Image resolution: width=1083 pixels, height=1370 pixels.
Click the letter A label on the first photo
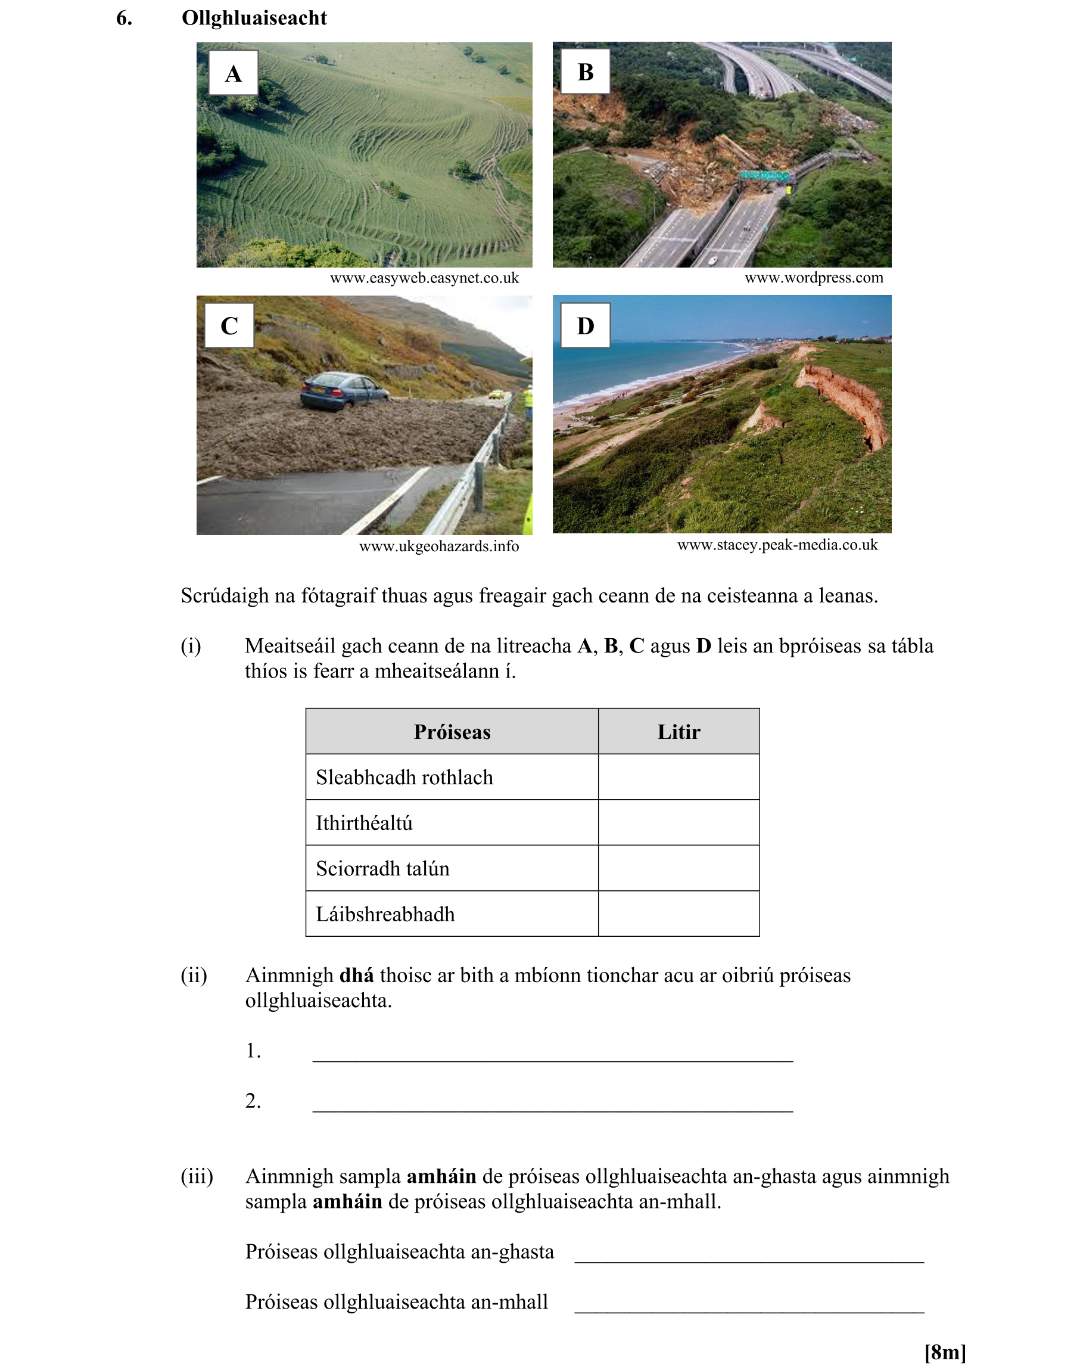234,73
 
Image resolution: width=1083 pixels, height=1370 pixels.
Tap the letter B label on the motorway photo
585,72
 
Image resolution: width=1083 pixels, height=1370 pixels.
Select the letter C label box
229,325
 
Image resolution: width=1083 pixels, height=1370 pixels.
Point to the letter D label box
585,325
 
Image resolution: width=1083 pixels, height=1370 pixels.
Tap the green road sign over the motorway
764,175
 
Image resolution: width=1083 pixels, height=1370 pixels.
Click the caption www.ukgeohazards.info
439,546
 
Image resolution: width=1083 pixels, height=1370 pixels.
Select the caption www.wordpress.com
814,278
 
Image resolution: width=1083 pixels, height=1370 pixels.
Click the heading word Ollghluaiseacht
254,18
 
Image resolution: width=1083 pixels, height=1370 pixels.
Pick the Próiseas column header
452,732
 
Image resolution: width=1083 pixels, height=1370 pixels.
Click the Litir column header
679,732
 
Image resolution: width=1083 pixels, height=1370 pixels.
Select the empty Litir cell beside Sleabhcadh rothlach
679,777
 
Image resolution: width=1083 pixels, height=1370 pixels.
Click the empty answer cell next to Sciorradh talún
679,868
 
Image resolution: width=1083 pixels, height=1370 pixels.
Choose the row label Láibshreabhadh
385,914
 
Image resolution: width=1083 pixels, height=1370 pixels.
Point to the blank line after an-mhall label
748,1304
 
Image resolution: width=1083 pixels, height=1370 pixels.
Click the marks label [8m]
944,1352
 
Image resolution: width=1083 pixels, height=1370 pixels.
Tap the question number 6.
125,18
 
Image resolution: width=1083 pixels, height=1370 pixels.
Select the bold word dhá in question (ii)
356,975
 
